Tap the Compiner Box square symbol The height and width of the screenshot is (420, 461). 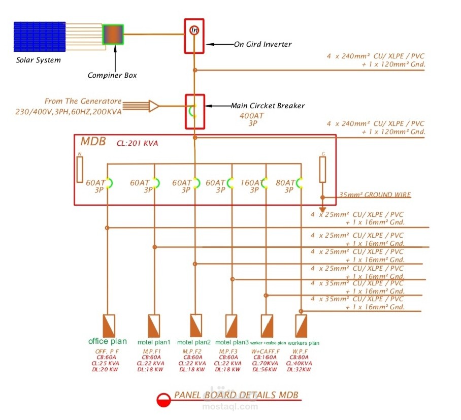click(113, 35)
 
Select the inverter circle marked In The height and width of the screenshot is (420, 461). click(194, 30)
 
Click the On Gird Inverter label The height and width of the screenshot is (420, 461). click(262, 44)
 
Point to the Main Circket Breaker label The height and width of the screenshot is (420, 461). click(268, 106)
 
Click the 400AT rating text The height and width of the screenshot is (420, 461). click(252, 115)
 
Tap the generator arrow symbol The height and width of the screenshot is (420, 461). click(153, 106)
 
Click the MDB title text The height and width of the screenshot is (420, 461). click(93, 142)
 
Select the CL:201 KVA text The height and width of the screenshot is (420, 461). click(137, 143)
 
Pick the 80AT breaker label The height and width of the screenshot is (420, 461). click(285, 183)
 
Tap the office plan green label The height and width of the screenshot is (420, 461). click(108, 341)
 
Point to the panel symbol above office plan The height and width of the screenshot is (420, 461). click(109, 324)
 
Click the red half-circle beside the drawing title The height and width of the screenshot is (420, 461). click(163, 401)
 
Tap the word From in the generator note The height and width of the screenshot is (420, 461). click(54, 102)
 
